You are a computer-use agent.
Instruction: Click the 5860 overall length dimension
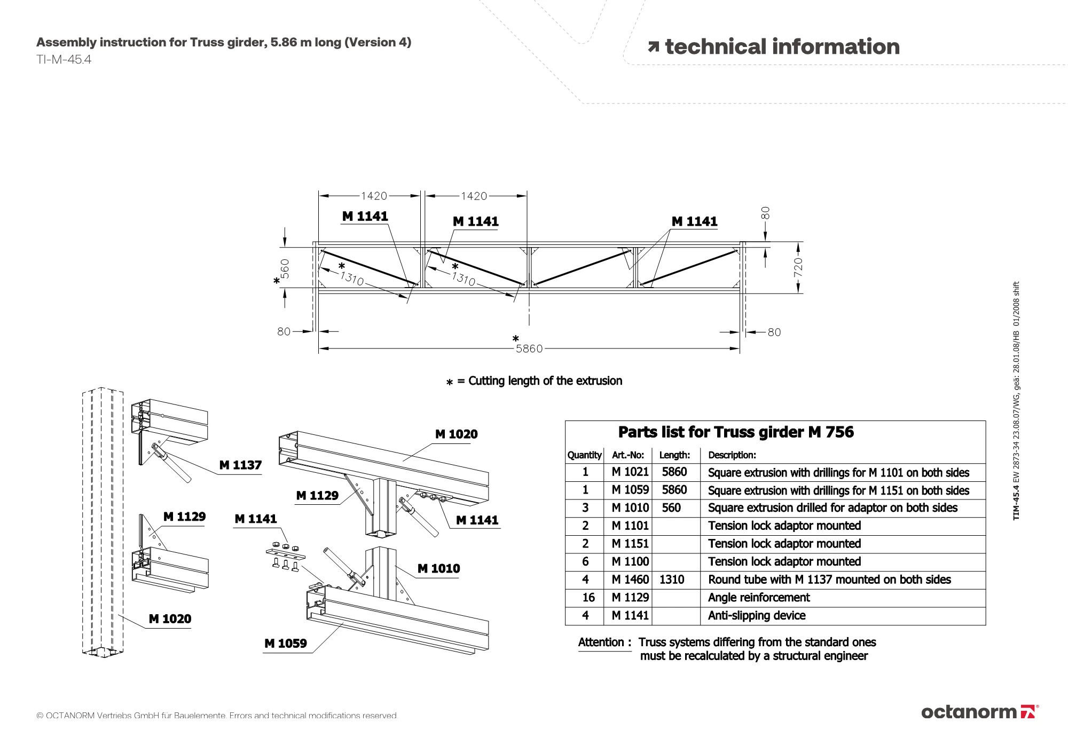pyautogui.click(x=529, y=349)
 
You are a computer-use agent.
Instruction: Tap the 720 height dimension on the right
pyautogui.click(x=798, y=267)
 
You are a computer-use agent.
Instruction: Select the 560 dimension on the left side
pyautogui.click(x=285, y=268)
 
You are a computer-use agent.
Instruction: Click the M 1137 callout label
pyautogui.click(x=240, y=465)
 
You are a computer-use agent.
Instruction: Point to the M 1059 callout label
pyautogui.click(x=286, y=644)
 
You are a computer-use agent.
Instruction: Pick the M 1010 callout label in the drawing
pyautogui.click(x=438, y=569)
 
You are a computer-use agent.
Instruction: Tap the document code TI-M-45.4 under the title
pyautogui.click(x=64, y=60)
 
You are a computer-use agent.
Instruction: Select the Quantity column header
pyautogui.click(x=584, y=455)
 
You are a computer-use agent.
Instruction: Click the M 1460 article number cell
pyautogui.click(x=630, y=580)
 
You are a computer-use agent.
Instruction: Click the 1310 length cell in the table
pyautogui.click(x=672, y=580)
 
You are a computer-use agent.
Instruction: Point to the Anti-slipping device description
pyautogui.click(x=757, y=616)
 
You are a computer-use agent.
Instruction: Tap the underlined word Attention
pyautogui.click(x=601, y=642)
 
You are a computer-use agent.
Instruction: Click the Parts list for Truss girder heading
pyautogui.click(x=736, y=432)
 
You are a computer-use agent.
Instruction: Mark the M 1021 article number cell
pyautogui.click(x=630, y=472)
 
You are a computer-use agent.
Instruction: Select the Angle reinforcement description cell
pyautogui.click(x=759, y=598)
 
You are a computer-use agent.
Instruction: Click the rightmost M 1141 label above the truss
pyautogui.click(x=694, y=221)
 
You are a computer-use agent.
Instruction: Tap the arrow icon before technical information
pyautogui.click(x=654, y=47)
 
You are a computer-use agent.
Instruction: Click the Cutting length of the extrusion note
pyautogui.click(x=545, y=381)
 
